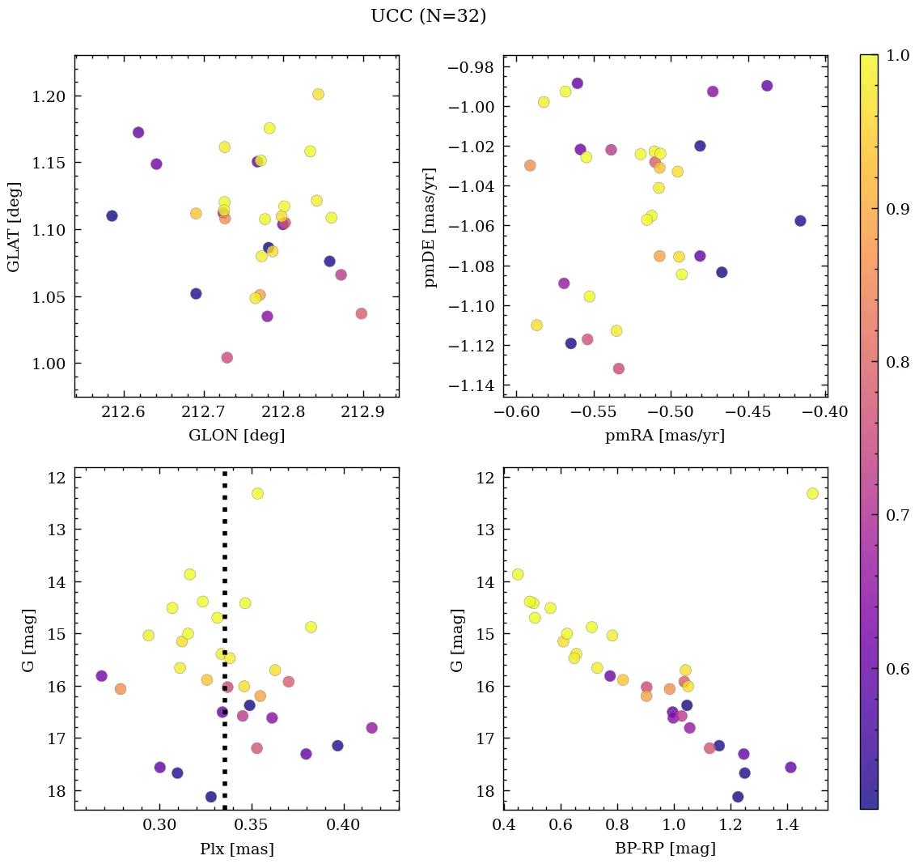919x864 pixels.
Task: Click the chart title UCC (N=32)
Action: (428, 16)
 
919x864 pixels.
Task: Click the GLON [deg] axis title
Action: (236, 436)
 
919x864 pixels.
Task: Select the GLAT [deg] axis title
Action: (14, 227)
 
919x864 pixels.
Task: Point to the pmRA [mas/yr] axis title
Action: (665, 436)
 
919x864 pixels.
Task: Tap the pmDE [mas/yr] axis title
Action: (430, 227)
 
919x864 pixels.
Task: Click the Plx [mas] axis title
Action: (236, 849)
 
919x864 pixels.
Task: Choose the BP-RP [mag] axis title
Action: (665, 849)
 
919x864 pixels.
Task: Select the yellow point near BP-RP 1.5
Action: (812, 493)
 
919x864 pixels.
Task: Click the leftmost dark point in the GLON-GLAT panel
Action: (112, 215)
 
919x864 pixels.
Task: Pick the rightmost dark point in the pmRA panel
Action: (800, 220)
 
